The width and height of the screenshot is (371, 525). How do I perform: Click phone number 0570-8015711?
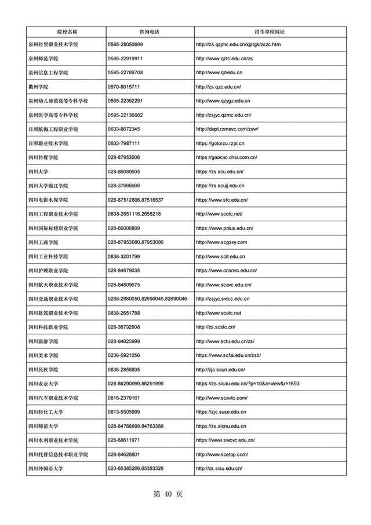pos(124,86)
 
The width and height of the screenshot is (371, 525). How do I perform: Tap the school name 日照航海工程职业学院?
pos(53,129)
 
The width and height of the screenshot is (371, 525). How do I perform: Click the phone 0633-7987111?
pos(124,143)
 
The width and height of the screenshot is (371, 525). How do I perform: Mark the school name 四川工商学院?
pos(43,242)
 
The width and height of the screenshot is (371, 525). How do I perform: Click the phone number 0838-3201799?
pos(124,256)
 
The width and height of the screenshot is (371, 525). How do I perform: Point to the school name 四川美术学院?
pos(43,355)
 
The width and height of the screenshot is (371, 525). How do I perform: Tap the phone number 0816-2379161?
pos(124,398)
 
